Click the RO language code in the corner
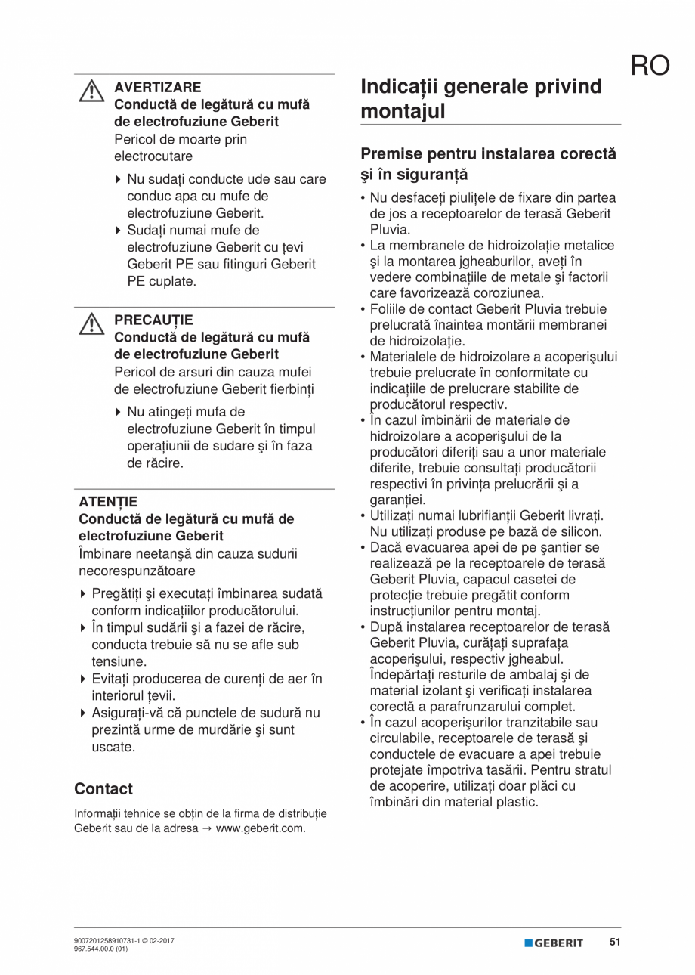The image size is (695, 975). click(x=650, y=66)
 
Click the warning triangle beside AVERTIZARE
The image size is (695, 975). click(x=91, y=91)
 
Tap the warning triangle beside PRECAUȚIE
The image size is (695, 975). click(x=91, y=324)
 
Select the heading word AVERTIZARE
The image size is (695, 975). click(x=157, y=87)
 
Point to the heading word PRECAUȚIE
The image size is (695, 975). click(x=153, y=320)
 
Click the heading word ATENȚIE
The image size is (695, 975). click(x=108, y=501)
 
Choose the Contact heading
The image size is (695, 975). click(x=103, y=788)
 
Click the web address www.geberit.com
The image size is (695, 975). click(x=261, y=828)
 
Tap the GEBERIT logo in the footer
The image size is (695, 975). click(x=554, y=942)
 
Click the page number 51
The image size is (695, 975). click(x=615, y=942)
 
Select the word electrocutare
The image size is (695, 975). click(x=153, y=156)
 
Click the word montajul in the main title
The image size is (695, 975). click(x=403, y=111)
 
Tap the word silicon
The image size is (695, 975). click(x=582, y=531)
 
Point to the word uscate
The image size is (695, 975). click(x=113, y=747)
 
